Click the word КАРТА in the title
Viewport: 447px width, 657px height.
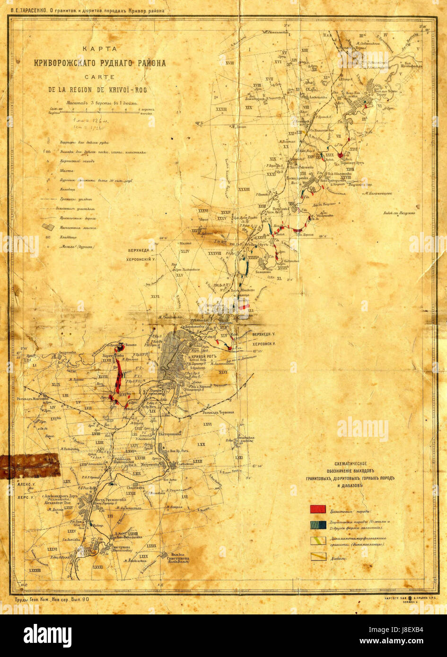[x=100, y=49]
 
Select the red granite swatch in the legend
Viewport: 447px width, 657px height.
[x=317, y=509]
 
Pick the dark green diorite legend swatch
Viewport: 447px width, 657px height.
[x=317, y=524]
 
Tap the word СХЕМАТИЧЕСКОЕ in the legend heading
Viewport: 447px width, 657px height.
[x=354, y=464]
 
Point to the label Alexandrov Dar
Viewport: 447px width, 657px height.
[x=58, y=504]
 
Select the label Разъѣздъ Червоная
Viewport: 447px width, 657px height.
[x=217, y=412]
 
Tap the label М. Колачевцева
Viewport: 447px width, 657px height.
[x=377, y=193]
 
